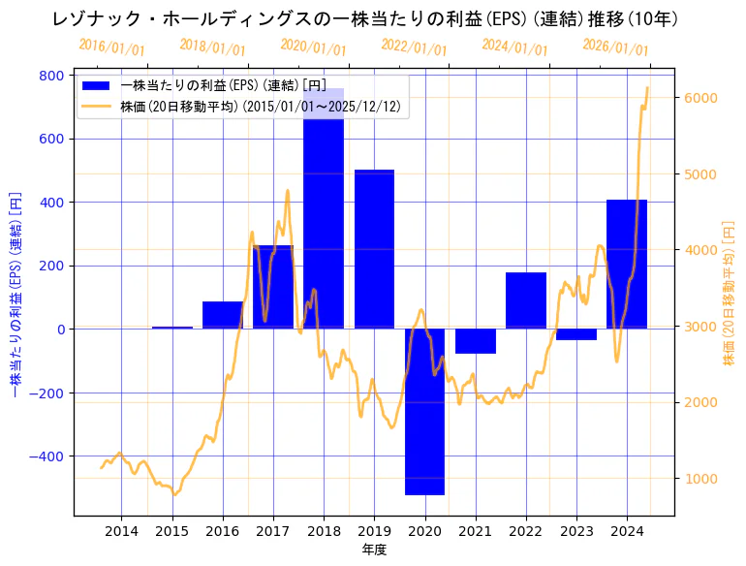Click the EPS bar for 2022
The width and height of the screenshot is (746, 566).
point(525,300)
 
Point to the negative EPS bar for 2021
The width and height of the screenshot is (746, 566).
point(475,341)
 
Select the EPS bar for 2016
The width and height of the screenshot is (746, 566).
point(223,315)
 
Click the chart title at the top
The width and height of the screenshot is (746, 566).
point(373,19)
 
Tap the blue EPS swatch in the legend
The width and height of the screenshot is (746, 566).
point(97,85)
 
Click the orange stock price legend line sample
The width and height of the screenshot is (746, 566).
point(97,107)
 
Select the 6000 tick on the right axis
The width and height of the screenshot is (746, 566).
point(699,98)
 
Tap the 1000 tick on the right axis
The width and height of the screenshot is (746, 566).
point(699,479)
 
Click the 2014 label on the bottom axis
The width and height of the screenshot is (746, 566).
point(121,531)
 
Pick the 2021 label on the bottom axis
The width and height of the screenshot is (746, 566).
point(475,531)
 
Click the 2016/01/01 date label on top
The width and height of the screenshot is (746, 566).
point(111,47)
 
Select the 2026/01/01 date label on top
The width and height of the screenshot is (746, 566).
point(615,47)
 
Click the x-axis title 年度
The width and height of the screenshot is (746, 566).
point(373,550)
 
